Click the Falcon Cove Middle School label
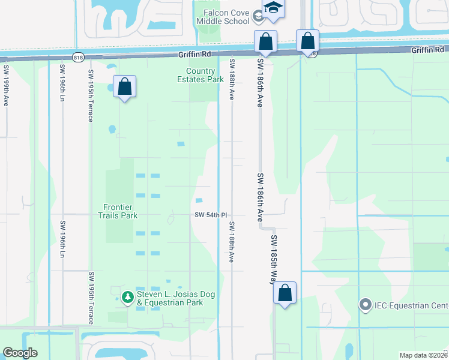[223, 17]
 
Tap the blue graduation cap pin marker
[273, 8]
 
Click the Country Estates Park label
[200, 75]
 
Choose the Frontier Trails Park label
[118, 211]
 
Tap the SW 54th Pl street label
[210, 215]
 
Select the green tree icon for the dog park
[127, 296]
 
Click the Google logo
[20, 353]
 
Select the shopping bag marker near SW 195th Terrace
[124, 86]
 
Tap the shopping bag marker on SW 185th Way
[285, 293]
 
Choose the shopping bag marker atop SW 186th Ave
[265, 41]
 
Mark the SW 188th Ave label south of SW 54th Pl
[231, 242]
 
